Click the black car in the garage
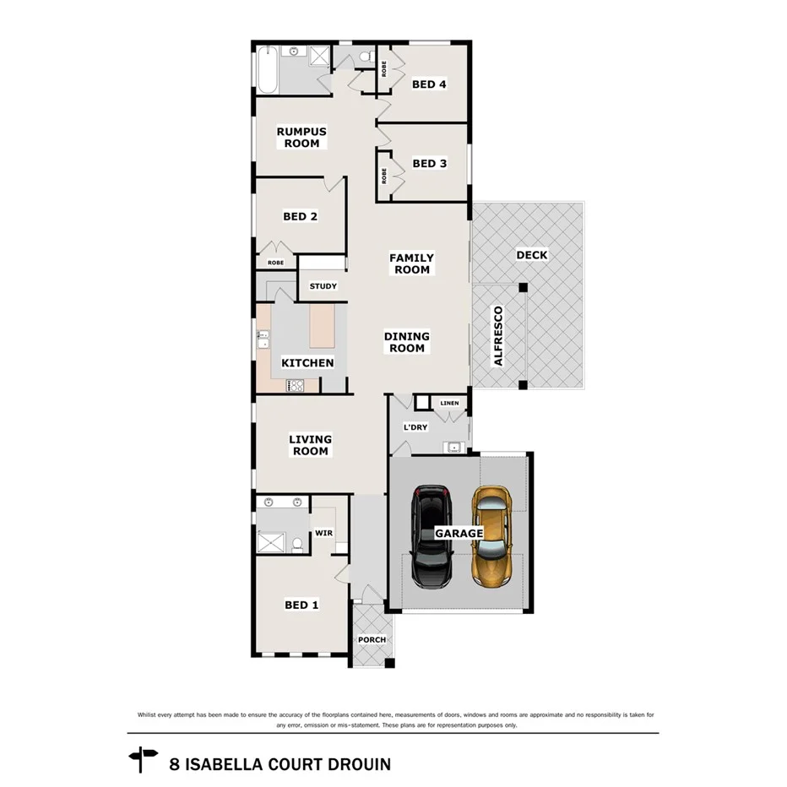(x=431, y=536)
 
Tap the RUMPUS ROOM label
(x=301, y=138)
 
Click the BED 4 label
(x=429, y=84)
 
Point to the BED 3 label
(x=429, y=164)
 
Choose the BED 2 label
(x=300, y=216)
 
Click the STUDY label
(x=323, y=286)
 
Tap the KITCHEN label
(x=307, y=363)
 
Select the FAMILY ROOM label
(x=411, y=264)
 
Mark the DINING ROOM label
(x=407, y=342)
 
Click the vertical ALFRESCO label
(x=498, y=336)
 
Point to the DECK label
(x=531, y=255)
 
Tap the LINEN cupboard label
(x=449, y=404)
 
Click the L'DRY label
(x=415, y=427)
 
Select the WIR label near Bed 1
(x=324, y=534)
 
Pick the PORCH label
(x=372, y=640)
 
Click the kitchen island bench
(x=322, y=327)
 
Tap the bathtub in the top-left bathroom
(x=266, y=69)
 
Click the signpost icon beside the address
(x=143, y=758)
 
